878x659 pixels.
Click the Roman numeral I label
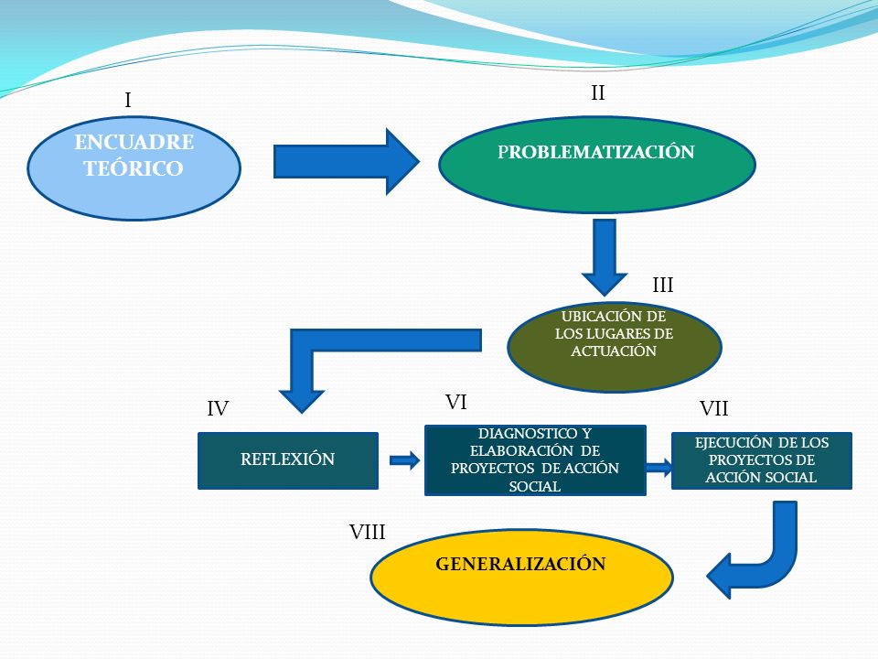coord(128,101)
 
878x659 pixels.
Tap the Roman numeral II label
coord(598,92)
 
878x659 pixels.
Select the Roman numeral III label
coord(662,286)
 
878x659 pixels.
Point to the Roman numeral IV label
coord(218,408)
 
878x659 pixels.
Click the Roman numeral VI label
coord(455,403)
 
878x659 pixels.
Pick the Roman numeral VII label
coord(714,408)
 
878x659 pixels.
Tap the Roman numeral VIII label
coord(368,532)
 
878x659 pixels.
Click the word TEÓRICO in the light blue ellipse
coord(134,168)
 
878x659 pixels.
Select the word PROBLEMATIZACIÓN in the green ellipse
coord(595,152)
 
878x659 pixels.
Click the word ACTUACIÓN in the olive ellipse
coord(614,351)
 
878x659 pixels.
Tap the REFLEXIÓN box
coord(288,460)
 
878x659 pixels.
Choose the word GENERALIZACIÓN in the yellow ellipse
coord(520,564)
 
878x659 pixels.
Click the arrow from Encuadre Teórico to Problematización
coord(346,162)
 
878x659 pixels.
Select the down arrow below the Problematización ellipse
coord(605,257)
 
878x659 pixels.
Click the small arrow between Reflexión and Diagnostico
coord(405,460)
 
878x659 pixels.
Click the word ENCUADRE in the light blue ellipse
coord(134,143)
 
